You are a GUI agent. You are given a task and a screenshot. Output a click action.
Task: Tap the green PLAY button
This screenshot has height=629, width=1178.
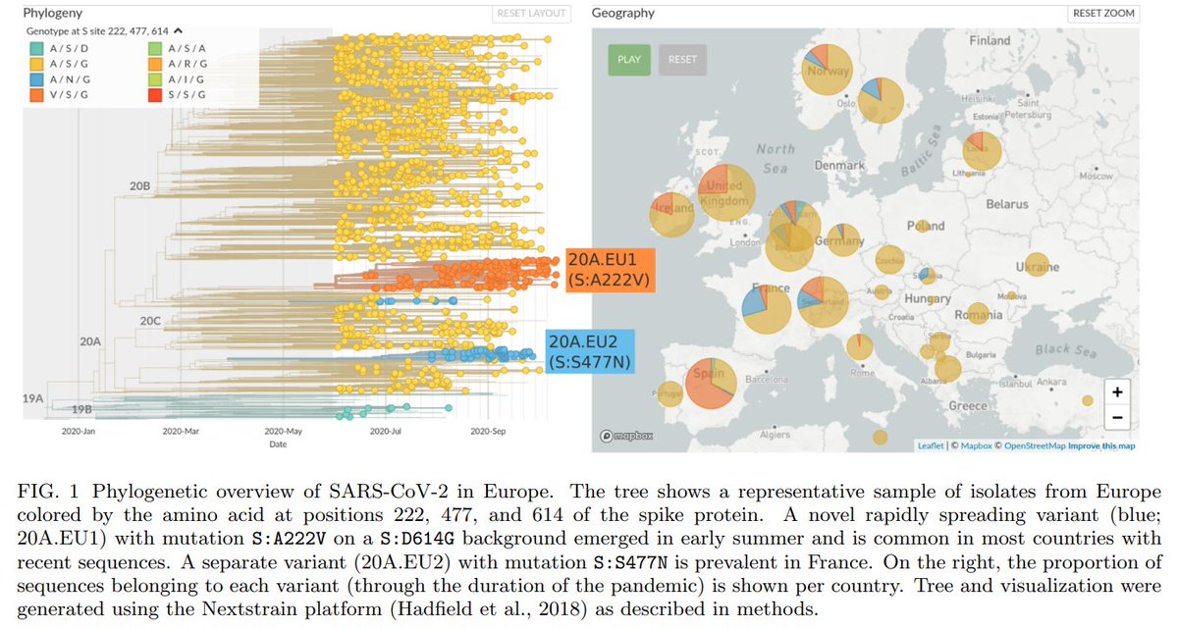(628, 59)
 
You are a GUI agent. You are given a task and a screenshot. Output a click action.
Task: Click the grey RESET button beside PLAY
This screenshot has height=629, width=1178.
(682, 59)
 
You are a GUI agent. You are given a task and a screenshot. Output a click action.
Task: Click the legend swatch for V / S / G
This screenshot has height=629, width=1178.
(36, 95)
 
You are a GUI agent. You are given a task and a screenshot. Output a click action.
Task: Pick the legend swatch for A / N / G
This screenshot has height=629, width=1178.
(36, 79)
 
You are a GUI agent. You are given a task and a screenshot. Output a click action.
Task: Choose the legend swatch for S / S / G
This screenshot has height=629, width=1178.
(155, 95)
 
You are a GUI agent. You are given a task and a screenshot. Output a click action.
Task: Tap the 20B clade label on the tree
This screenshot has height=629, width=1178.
(137, 185)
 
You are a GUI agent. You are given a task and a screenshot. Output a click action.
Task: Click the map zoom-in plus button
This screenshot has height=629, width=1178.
(1117, 391)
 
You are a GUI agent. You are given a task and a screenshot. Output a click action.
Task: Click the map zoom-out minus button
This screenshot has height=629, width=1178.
(1117, 416)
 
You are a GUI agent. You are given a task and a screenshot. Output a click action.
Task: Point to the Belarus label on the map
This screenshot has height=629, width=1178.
(1008, 204)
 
